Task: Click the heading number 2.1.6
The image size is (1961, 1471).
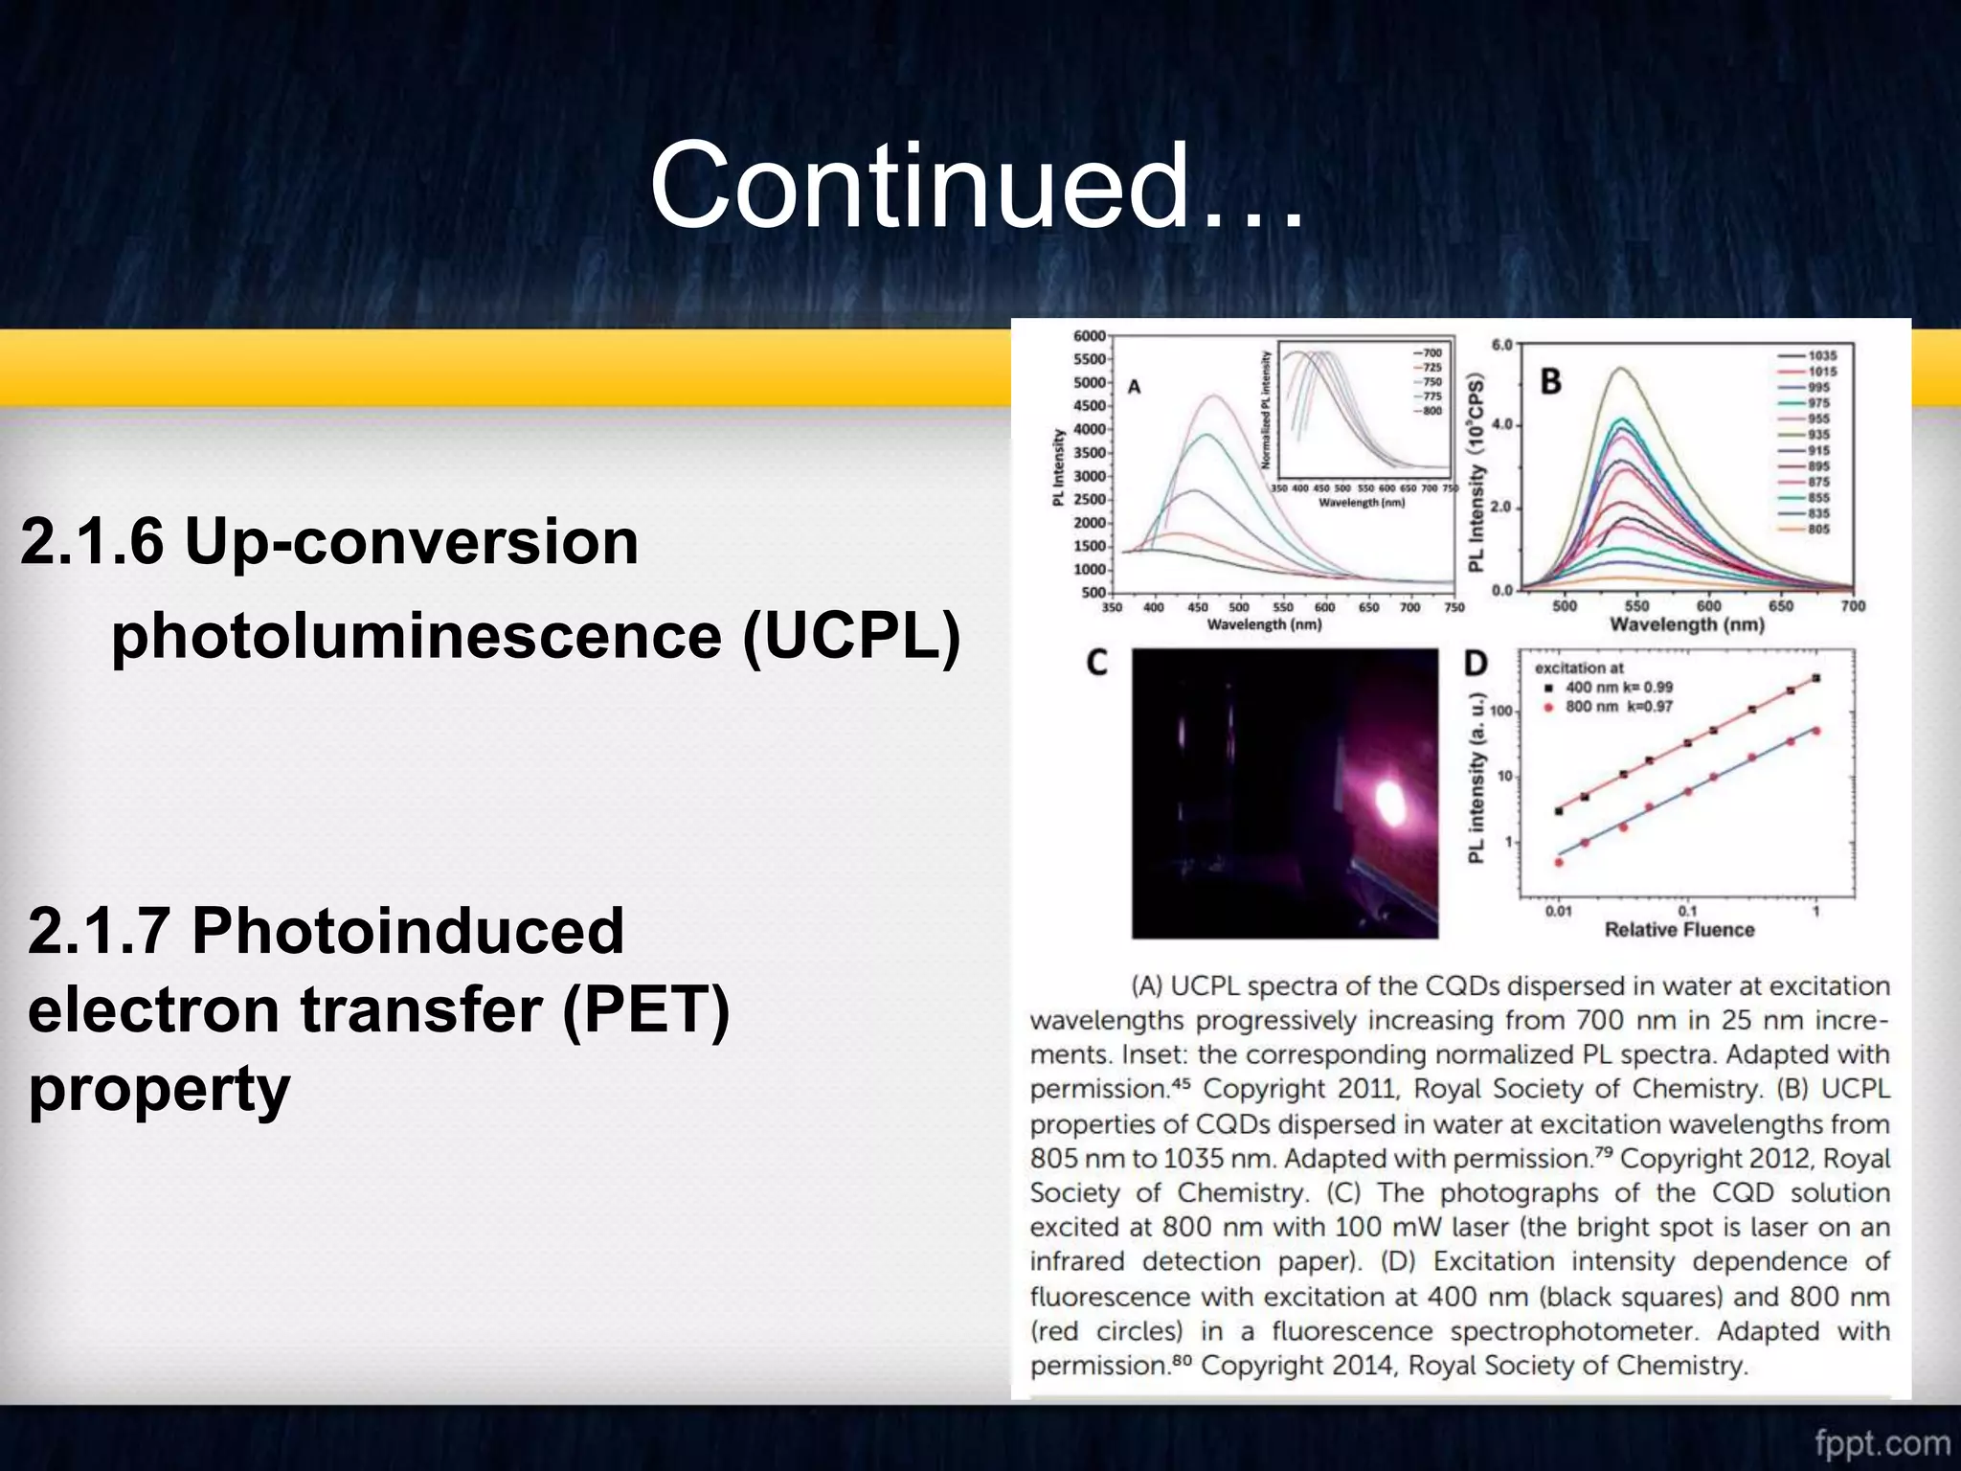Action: (92, 542)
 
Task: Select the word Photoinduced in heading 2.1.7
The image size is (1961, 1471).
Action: (407, 931)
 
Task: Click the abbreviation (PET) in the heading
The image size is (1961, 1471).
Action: (645, 1009)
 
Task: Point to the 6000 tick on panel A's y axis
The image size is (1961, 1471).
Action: (1090, 336)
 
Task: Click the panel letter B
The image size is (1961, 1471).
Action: (1550, 382)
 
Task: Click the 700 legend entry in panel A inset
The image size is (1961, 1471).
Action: (1431, 353)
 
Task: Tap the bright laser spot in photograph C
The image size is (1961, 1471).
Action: (1388, 798)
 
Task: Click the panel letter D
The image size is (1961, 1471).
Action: (1476, 664)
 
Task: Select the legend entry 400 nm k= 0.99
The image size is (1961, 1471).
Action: (1618, 687)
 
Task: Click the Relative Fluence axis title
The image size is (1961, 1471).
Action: (1679, 930)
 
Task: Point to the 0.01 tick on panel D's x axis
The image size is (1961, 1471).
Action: (1558, 911)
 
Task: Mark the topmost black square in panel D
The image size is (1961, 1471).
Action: (1816, 678)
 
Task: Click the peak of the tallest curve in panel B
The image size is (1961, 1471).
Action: (1621, 369)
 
